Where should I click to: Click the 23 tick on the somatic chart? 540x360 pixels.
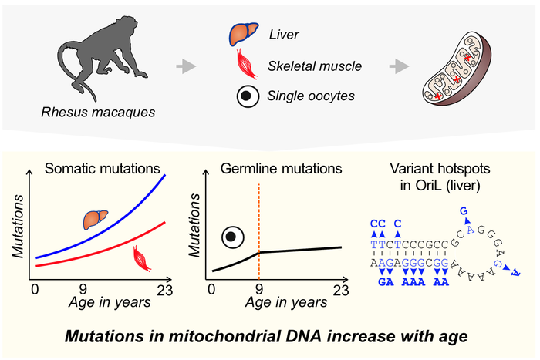pyautogui.click(x=164, y=289)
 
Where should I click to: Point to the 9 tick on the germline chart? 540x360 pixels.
pyautogui.click(x=258, y=289)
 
